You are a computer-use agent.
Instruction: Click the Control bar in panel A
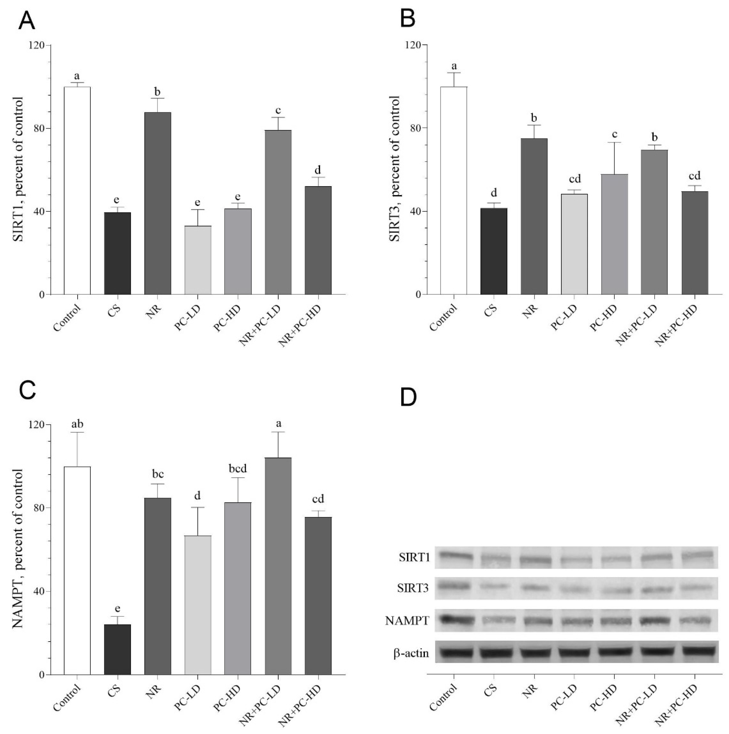pos(77,190)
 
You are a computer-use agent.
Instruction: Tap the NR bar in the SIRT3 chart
pos(534,217)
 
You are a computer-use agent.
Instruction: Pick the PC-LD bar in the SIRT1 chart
pos(198,260)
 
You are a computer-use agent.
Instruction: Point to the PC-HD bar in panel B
pos(615,234)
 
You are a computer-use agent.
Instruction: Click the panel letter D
pos(409,397)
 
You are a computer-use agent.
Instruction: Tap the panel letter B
pos(408,19)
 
